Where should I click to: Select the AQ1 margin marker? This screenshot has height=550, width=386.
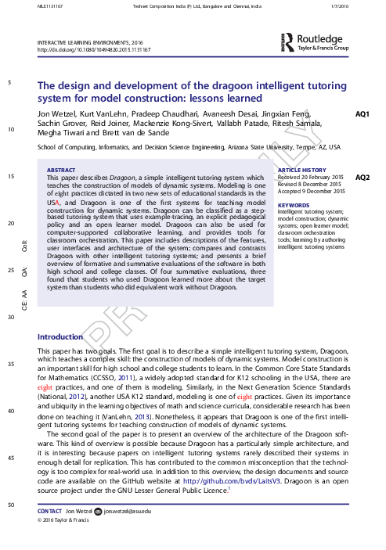[363, 114]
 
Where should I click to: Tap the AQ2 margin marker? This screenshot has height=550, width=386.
[363, 178]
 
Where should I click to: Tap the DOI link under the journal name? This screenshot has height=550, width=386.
[94, 49]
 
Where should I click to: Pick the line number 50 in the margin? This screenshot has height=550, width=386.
[9, 506]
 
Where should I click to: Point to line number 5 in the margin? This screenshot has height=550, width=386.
[9, 83]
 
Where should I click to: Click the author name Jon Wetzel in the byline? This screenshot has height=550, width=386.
[56, 114]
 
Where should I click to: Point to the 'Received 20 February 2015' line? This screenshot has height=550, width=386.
[312, 178]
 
